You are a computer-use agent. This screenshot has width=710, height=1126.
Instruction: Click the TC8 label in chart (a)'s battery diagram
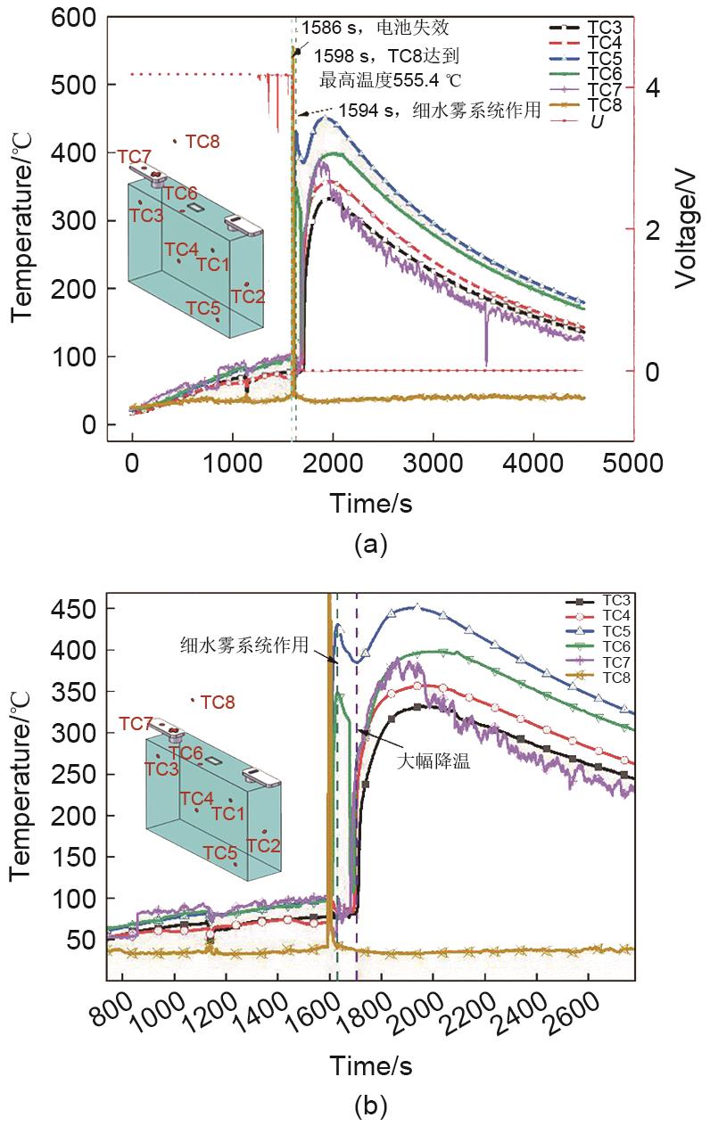pos(202,141)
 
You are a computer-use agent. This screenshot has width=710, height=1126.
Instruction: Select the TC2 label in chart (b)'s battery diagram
pos(264,844)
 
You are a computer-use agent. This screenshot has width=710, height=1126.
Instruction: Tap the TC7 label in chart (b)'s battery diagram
pos(136,723)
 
